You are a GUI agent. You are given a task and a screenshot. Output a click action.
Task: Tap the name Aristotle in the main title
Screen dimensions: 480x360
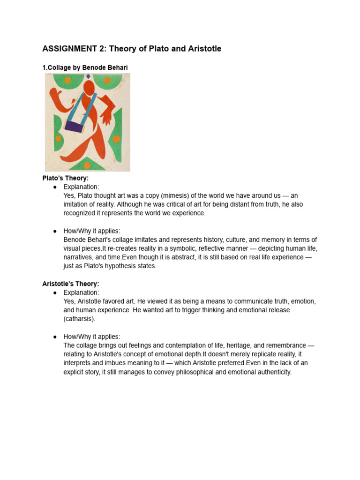(x=202, y=49)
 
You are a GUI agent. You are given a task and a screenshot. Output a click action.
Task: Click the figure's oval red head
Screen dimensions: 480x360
(x=89, y=87)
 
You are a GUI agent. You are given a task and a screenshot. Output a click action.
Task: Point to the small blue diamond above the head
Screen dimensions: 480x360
(x=88, y=76)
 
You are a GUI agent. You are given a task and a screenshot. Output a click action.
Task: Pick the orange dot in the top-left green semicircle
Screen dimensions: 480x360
(x=67, y=80)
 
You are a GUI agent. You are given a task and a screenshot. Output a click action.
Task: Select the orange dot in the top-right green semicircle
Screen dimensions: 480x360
(x=107, y=80)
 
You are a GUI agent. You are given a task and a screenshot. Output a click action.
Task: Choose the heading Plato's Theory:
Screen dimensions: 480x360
(x=66, y=178)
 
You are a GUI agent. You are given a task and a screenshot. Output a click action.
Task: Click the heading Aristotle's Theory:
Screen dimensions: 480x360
(x=71, y=284)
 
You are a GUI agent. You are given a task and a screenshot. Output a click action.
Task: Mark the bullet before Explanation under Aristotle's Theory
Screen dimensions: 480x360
(x=55, y=292)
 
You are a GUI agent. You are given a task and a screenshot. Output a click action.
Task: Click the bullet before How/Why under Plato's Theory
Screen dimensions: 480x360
(x=55, y=231)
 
